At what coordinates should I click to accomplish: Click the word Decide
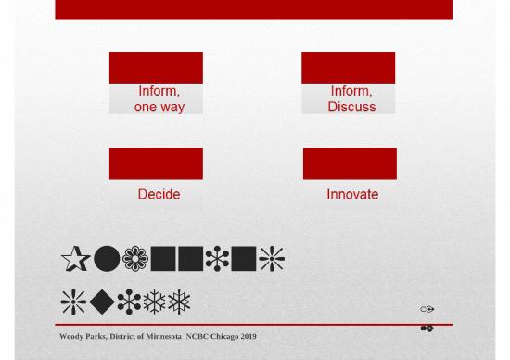(159, 194)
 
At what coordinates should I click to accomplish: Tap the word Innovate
(351, 194)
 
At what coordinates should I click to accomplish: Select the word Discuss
(351, 107)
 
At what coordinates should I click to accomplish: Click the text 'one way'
(159, 107)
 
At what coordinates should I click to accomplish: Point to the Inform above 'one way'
(158, 91)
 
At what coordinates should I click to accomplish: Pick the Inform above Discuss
(351, 91)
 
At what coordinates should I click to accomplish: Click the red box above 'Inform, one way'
(156, 68)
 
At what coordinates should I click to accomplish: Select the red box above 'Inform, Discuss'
(348, 68)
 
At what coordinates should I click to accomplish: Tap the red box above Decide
(156, 163)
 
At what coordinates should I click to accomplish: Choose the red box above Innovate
(350, 163)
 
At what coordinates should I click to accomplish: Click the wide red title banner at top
(253, 9)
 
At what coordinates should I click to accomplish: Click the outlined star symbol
(75, 259)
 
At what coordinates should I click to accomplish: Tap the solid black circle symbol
(107, 259)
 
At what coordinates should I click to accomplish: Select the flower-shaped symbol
(135, 259)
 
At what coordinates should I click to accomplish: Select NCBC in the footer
(198, 336)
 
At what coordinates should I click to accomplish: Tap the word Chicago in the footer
(225, 336)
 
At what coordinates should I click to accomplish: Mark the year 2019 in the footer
(249, 336)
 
